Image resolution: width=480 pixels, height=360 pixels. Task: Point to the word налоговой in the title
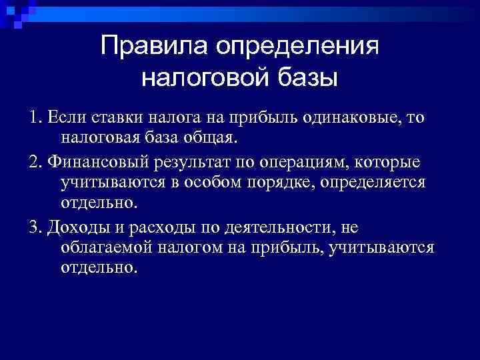203,78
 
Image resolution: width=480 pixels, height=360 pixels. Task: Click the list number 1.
34,118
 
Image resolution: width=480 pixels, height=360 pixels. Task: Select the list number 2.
34,163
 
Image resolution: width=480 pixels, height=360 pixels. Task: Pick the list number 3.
34,227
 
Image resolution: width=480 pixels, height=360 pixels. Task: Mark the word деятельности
271,227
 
